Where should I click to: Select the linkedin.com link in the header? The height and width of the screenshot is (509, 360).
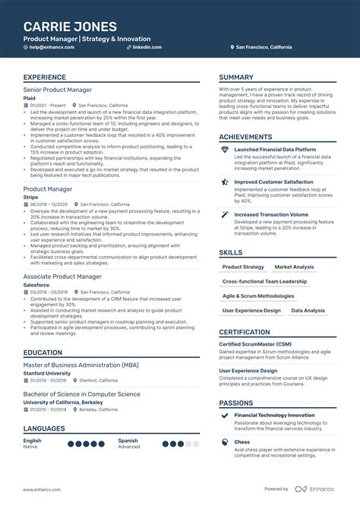[147, 47]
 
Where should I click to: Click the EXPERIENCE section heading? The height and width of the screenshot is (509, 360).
[44, 77]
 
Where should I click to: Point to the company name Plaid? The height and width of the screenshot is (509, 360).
[30, 97]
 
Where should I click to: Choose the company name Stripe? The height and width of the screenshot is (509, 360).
[30, 197]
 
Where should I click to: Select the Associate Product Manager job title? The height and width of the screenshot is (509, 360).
[62, 276]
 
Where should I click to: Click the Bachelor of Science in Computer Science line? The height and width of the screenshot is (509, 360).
[81, 394]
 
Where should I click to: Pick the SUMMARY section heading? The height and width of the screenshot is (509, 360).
[236, 77]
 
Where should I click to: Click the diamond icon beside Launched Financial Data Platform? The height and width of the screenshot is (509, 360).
[225, 150]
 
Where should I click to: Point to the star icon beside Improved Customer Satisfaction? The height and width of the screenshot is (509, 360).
[225, 182]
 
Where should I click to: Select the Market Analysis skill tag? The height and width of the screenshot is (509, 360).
[294, 267]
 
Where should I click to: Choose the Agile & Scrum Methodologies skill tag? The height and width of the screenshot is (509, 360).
[257, 296]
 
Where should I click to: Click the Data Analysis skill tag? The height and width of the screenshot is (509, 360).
[308, 310]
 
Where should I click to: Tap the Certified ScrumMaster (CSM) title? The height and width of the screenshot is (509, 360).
[257, 344]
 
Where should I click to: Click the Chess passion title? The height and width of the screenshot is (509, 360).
[242, 441]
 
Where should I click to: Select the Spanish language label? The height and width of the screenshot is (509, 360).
[128, 440]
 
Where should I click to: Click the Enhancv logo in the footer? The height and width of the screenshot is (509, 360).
[317, 488]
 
